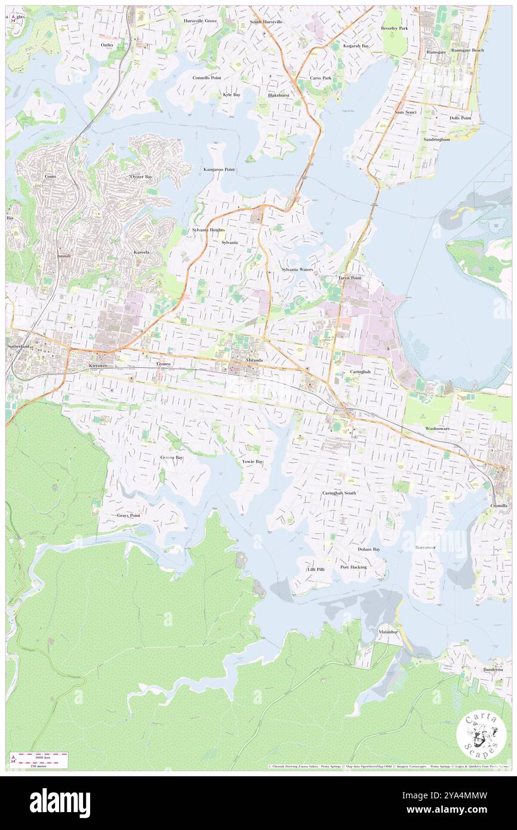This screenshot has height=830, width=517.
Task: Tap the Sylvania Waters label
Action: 297,270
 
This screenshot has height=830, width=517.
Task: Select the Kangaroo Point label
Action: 219,170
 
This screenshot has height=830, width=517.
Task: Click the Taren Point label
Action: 349,278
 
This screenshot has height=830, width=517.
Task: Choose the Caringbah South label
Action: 339,493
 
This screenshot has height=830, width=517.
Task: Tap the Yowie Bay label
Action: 253,462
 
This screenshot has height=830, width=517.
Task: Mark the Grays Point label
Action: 128,515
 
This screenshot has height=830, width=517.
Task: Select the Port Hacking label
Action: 353,567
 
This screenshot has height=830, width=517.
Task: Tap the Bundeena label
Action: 493,669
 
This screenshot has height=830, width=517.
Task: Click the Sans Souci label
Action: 405,112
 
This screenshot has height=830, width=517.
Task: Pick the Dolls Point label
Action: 460,118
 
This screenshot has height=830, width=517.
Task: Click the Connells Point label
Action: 207,78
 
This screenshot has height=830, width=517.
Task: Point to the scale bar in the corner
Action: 39,760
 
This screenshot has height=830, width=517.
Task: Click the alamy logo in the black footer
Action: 60,803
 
